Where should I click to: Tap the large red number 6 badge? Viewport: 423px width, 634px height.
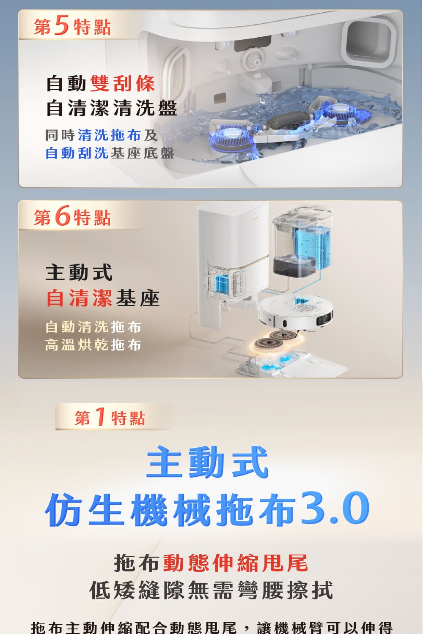(x=62, y=216)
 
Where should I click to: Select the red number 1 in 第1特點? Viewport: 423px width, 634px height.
(x=100, y=417)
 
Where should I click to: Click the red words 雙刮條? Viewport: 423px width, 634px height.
(x=123, y=83)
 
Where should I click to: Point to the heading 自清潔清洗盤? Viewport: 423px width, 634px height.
(x=111, y=108)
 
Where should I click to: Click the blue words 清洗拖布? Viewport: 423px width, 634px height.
(x=109, y=135)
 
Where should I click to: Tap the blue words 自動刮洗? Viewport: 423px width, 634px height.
(x=77, y=153)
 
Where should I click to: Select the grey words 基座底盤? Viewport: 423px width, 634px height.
(x=142, y=153)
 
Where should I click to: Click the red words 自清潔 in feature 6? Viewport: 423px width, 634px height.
(x=79, y=298)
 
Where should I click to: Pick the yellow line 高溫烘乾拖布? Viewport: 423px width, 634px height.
(x=93, y=345)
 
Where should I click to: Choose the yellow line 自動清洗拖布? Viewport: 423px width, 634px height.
(x=93, y=327)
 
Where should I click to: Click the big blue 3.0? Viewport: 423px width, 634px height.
(x=335, y=508)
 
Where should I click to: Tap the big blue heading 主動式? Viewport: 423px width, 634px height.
(x=207, y=462)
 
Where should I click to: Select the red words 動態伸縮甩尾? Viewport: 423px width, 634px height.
(x=235, y=563)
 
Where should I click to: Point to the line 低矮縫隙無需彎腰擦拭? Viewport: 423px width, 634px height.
(x=211, y=590)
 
